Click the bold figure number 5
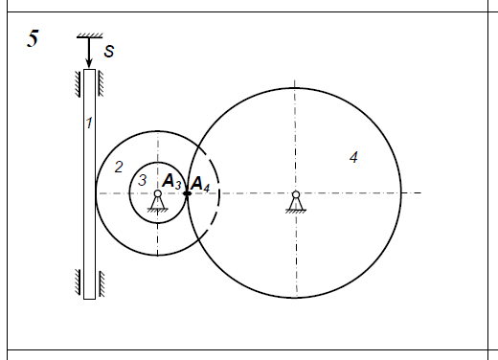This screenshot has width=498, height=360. point(33,38)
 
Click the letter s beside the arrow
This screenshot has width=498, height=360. point(109,51)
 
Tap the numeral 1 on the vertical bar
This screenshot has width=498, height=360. point(89,123)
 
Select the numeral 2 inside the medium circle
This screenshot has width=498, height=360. point(119,167)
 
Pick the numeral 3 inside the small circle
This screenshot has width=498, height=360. point(142,180)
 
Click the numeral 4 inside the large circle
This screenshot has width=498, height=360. point(353,157)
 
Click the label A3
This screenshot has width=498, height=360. point(171,181)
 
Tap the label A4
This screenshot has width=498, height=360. point(200,184)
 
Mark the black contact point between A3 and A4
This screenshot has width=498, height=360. point(187,193)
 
